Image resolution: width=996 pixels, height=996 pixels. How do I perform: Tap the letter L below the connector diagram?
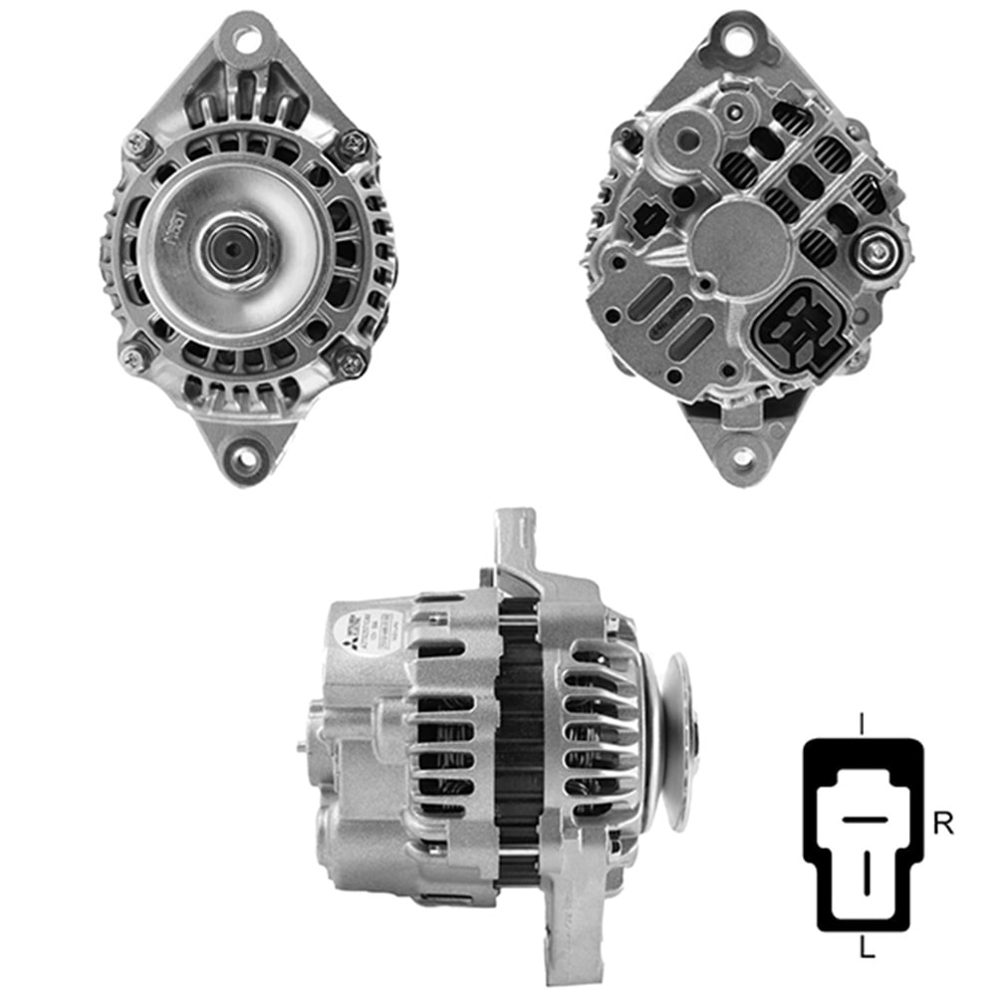(867, 951)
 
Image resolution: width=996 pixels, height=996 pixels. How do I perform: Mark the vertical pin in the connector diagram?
(866, 870)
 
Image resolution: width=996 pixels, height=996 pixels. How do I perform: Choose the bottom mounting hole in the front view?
(245, 459)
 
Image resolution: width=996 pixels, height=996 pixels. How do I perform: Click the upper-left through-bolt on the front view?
(137, 146)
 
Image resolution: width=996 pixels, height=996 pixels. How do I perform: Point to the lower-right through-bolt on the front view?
(352, 364)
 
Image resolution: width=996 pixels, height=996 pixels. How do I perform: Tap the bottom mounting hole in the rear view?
(743, 458)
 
